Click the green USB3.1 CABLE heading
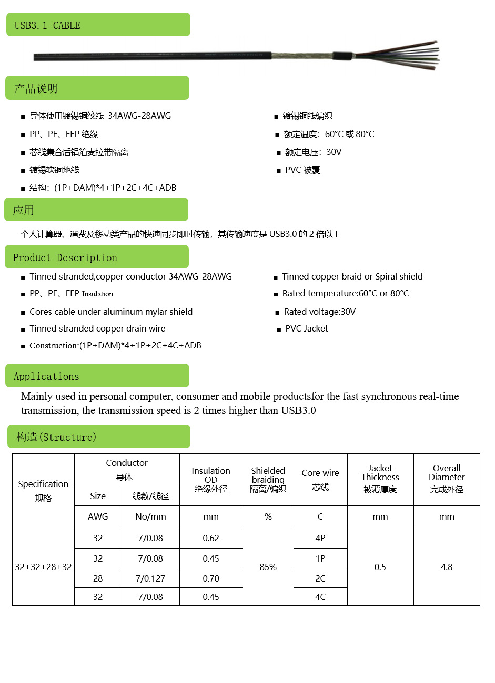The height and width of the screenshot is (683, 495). point(98,25)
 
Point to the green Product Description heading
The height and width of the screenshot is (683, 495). point(96,257)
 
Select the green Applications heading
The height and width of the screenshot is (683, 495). point(97,376)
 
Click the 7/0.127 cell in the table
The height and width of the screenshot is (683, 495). point(150,578)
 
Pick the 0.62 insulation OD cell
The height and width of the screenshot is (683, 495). point(211,538)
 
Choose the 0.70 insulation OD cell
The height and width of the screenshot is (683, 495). point(211,578)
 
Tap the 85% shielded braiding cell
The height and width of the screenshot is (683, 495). point(268,567)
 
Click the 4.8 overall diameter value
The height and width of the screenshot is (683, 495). point(447,567)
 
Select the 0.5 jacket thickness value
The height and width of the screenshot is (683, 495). point(380,567)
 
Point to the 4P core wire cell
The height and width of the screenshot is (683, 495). point(320,538)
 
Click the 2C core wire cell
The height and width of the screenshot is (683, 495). point(320,578)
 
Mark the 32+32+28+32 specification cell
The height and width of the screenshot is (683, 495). point(43,567)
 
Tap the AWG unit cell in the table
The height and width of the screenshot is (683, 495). point(98,516)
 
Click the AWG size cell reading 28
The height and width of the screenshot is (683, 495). point(98,578)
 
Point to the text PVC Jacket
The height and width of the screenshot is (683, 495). point(307,328)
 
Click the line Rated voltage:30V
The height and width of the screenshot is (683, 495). point(320,312)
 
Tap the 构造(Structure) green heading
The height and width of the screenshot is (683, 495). point(98,437)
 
